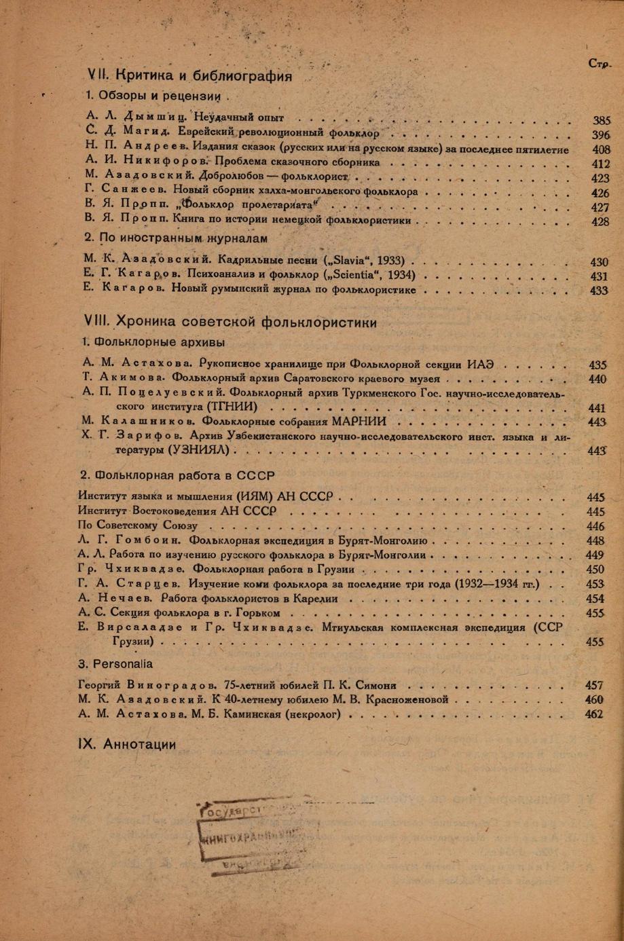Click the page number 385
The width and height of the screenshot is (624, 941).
click(x=601, y=119)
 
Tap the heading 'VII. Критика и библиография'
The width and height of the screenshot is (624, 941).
click(x=190, y=75)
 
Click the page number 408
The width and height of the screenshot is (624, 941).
click(x=601, y=149)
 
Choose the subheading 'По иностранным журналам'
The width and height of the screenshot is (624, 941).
click(x=176, y=238)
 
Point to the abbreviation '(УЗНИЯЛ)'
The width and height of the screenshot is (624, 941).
click(x=202, y=450)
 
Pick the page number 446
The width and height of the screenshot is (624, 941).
click(x=595, y=526)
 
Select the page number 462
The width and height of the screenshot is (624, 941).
click(x=595, y=714)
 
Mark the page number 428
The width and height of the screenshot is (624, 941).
click(x=600, y=221)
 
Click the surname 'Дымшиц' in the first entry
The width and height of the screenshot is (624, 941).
click(x=155, y=117)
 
